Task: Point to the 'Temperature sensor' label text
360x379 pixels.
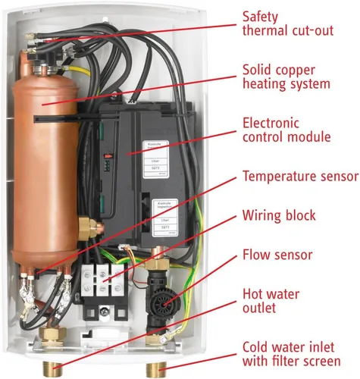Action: [300, 177]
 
